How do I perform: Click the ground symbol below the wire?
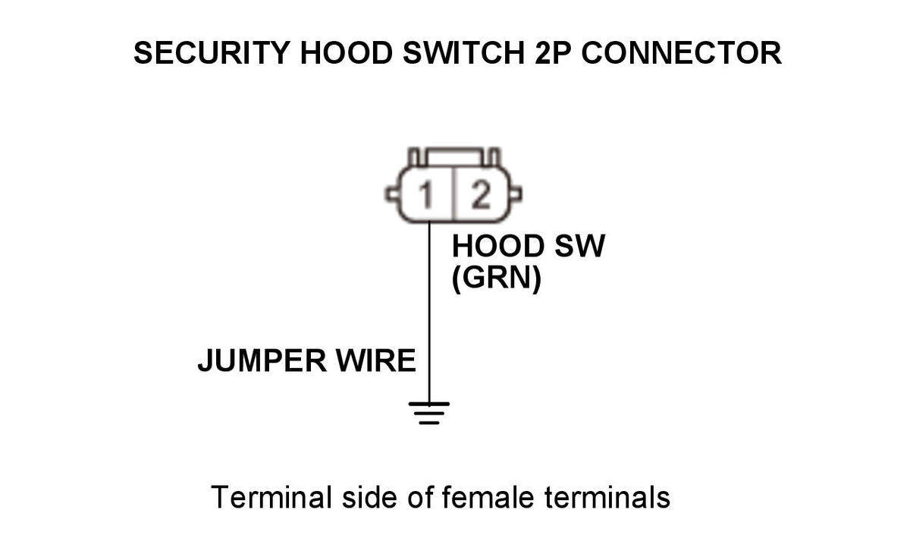[x=429, y=411]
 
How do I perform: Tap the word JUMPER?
[x=251, y=361]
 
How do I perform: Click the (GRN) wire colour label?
[x=496, y=280]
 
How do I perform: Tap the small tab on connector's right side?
[x=516, y=197]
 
